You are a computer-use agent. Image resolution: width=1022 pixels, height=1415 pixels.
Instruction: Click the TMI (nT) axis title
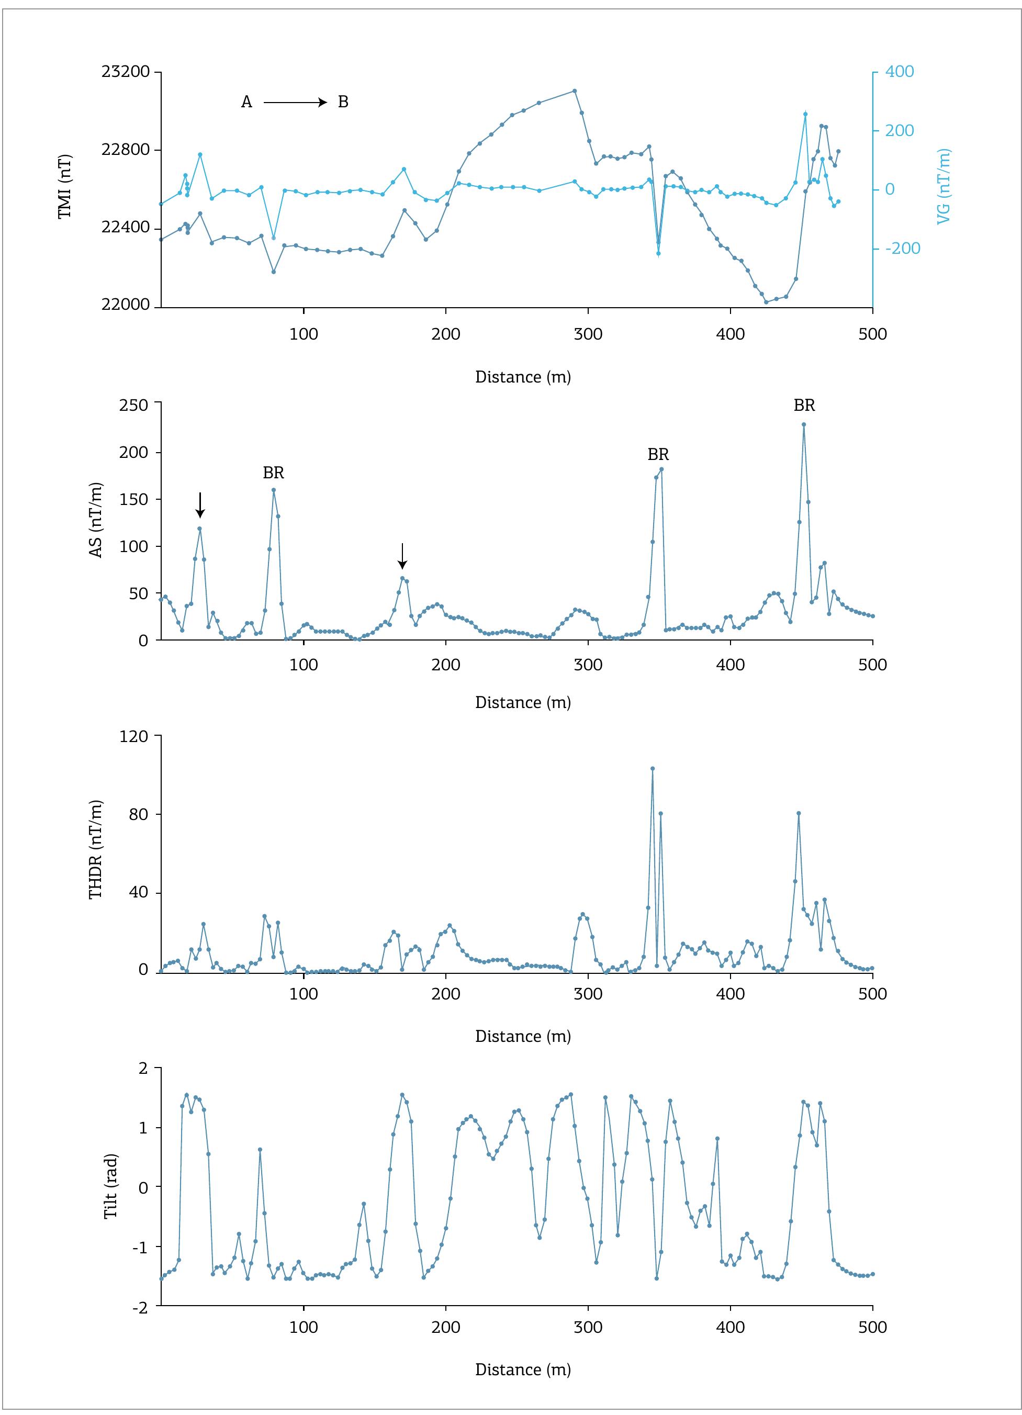[65, 186]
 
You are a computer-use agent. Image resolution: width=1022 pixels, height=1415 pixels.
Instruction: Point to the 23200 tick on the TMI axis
[126, 72]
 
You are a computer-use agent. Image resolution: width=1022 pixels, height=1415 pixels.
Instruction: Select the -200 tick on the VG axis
[903, 249]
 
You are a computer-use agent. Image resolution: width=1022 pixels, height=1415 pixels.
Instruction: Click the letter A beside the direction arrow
[246, 103]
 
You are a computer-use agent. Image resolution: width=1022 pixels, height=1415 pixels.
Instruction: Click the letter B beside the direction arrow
[343, 103]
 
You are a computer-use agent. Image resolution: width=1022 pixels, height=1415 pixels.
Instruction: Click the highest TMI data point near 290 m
[575, 91]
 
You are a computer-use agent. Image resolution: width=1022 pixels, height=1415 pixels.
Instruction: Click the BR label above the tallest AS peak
[804, 406]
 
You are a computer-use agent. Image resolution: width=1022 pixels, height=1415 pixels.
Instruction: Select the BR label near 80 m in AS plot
[273, 473]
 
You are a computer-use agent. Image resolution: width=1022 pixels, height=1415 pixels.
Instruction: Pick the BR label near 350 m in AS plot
[658, 455]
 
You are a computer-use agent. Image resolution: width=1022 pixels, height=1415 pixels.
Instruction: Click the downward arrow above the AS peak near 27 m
[200, 504]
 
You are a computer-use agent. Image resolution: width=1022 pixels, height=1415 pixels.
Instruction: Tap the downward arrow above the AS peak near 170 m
[402, 555]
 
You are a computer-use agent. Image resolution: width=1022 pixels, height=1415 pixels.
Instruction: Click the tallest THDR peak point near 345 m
[653, 769]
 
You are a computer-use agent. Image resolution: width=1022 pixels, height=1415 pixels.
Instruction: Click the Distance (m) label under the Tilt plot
[523, 1369]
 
